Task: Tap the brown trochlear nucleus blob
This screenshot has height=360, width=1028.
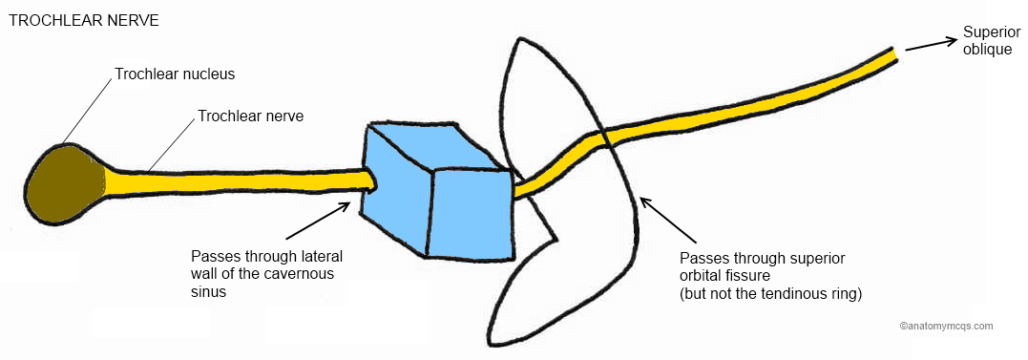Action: [65, 186]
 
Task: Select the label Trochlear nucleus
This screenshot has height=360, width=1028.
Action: [175, 74]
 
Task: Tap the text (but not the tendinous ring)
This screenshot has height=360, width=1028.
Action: [770, 294]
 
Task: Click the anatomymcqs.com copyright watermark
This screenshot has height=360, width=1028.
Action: [945, 326]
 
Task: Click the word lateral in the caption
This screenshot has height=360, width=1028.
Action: [319, 257]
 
